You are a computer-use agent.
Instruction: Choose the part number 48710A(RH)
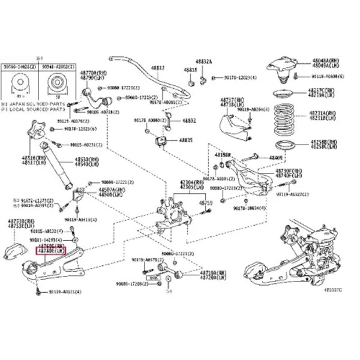coord(197,272)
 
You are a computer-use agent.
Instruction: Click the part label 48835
coord(184,140)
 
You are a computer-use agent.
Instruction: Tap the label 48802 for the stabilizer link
coord(189,121)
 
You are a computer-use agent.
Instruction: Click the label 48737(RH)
coord(228,99)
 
